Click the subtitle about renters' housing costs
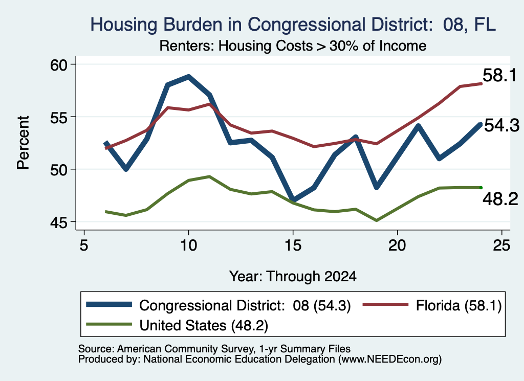(x=293, y=46)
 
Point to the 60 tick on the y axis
(x=59, y=64)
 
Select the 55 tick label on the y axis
(x=59, y=117)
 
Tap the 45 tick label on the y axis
(x=59, y=222)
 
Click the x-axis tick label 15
(x=293, y=245)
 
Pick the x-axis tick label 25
(x=501, y=245)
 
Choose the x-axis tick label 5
(x=84, y=245)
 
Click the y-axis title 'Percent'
(x=23, y=143)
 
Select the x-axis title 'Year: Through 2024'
(x=293, y=277)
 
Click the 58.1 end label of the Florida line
(x=500, y=75)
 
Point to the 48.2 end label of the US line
(x=500, y=199)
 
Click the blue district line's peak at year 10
(x=189, y=77)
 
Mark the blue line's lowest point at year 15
(x=293, y=199)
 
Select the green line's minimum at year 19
(x=377, y=221)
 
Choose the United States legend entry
(x=177, y=325)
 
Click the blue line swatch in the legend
(x=109, y=304)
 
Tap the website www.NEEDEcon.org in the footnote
(x=389, y=360)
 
